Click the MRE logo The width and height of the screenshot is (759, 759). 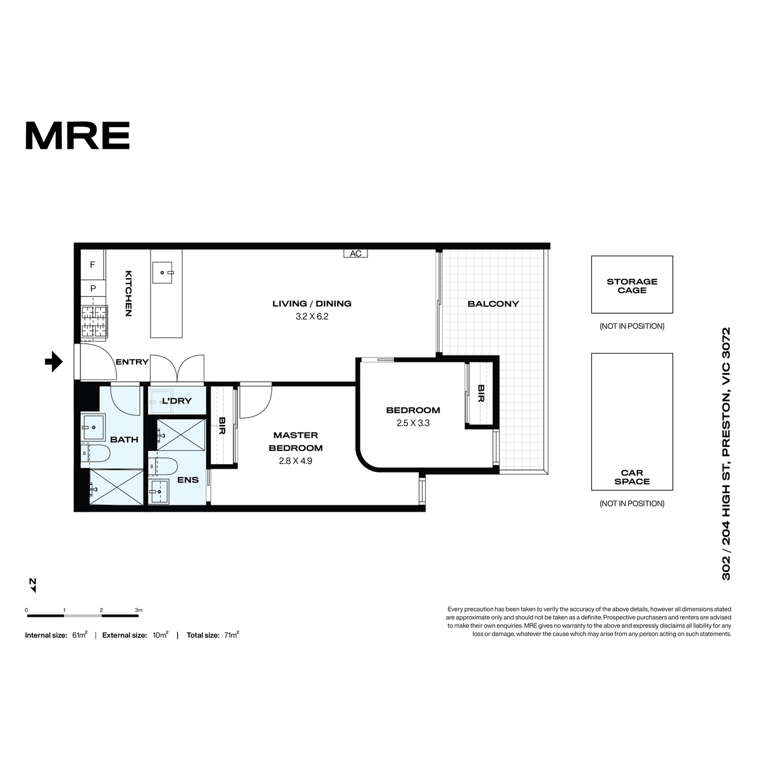click(x=78, y=135)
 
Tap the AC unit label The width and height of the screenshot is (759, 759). click(x=355, y=254)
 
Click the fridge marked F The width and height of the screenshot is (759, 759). click(x=92, y=264)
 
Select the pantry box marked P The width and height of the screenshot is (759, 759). click(x=93, y=288)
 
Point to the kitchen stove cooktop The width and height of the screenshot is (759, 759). click(x=94, y=323)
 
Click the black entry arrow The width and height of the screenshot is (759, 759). click(x=54, y=361)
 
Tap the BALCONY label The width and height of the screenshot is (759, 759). click(x=493, y=304)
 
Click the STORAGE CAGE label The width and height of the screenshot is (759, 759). click(x=632, y=286)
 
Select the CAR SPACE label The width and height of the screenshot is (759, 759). click(x=632, y=477)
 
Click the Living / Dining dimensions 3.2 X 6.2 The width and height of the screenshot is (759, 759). click(x=312, y=316)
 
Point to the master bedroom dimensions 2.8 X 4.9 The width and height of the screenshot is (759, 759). click(x=295, y=461)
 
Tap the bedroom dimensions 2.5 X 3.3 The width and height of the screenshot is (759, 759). click(x=413, y=423)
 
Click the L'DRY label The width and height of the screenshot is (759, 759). click(x=177, y=401)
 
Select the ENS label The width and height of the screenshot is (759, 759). click(x=188, y=479)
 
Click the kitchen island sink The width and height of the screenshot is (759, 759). click(x=163, y=273)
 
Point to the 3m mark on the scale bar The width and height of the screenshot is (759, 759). click(x=139, y=610)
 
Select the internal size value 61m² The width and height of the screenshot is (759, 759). click(x=80, y=635)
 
